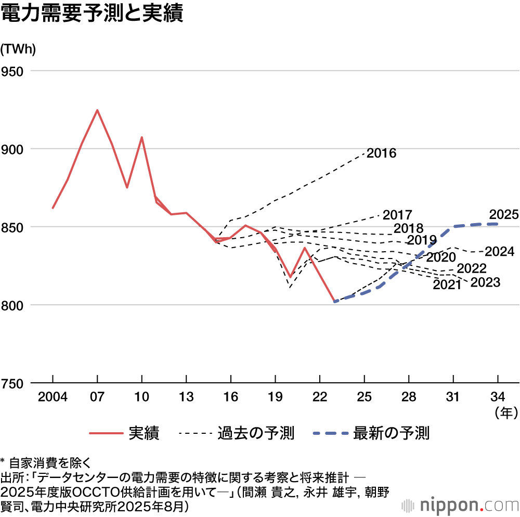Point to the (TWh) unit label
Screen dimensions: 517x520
(x=18, y=49)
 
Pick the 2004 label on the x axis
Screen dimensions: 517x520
(x=53, y=398)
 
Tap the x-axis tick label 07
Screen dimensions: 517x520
(x=97, y=398)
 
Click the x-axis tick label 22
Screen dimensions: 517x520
(x=320, y=398)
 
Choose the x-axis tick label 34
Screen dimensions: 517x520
(x=498, y=398)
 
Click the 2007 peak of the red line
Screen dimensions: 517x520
(x=97, y=110)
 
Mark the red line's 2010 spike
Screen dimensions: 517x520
(x=142, y=137)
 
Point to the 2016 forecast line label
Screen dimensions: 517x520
(x=381, y=153)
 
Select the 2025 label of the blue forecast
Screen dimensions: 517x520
(x=503, y=214)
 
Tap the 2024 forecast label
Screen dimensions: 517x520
(x=499, y=252)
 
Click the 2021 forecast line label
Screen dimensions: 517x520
(x=447, y=285)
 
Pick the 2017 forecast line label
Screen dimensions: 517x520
(x=397, y=215)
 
